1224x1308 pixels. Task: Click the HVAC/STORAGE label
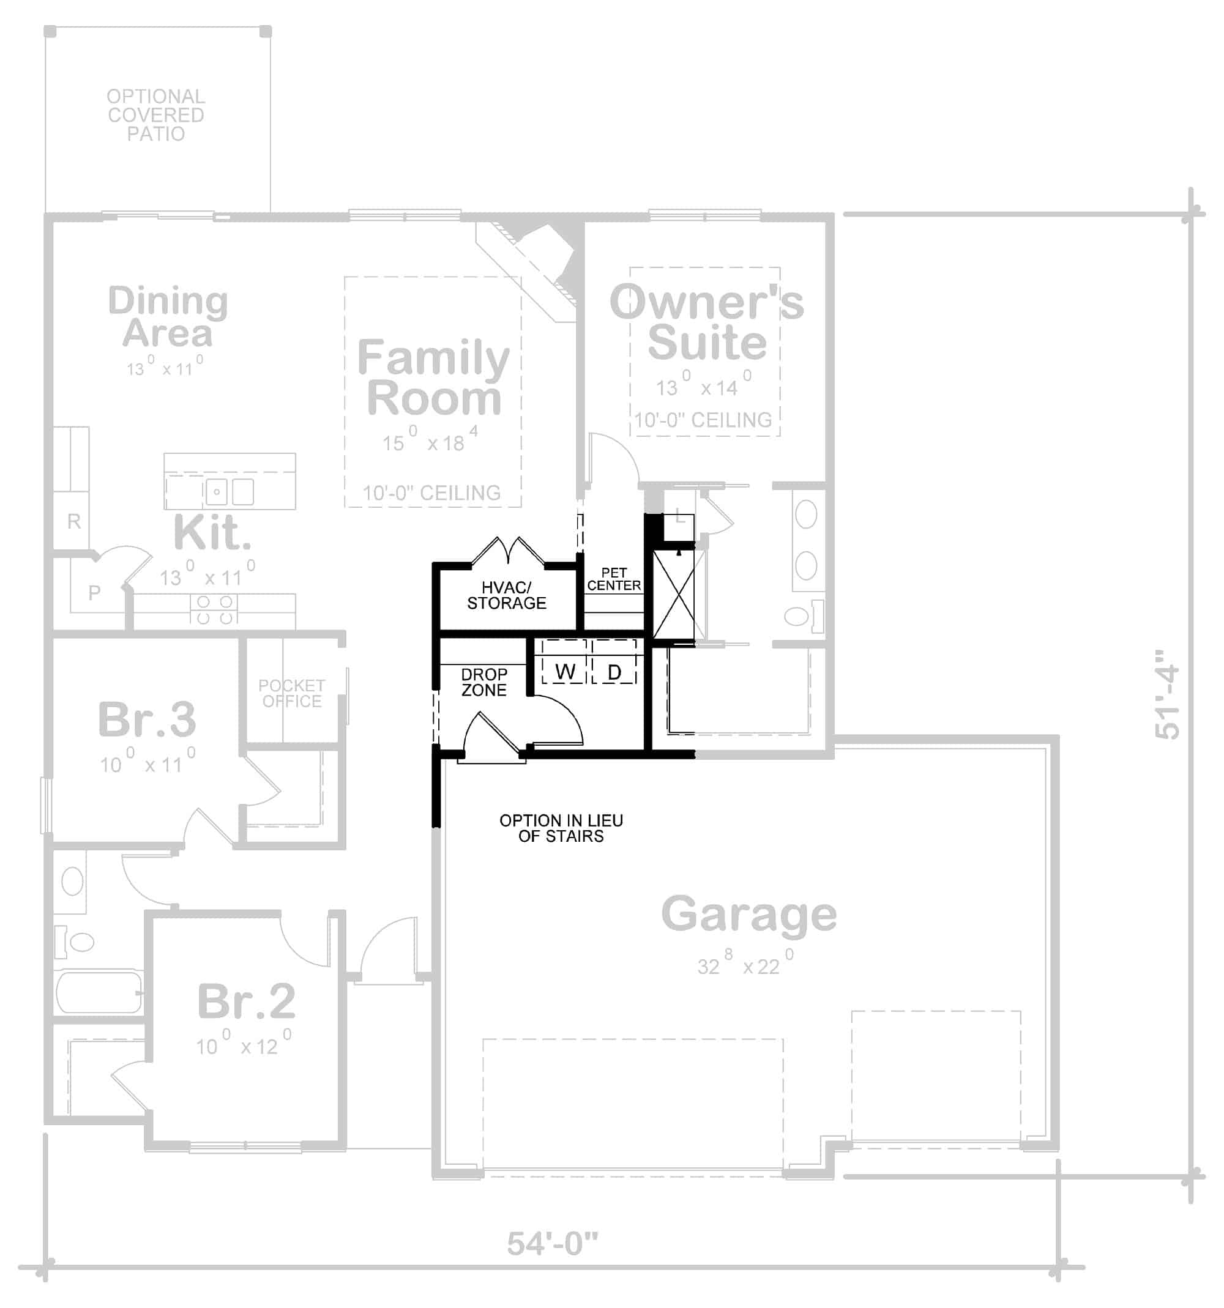pos(506,595)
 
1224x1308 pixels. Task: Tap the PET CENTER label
pos(613,579)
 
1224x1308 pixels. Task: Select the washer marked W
pos(564,671)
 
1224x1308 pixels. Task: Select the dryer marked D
pos(613,671)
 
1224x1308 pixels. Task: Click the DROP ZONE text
pos(483,682)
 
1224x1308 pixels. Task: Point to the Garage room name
pos(748,915)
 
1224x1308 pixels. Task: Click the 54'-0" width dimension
pos(551,1244)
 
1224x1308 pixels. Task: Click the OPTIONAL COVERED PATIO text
pos(156,115)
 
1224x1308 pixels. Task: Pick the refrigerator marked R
pos(73,521)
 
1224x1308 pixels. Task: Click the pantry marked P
pos(94,592)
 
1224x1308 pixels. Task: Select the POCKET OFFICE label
pos(291,694)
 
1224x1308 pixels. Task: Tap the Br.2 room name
pos(246,1001)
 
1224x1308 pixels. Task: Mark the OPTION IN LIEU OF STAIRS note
pos(561,828)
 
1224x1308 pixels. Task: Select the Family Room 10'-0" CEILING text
pos(431,493)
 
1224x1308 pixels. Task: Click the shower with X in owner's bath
pos(673,595)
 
